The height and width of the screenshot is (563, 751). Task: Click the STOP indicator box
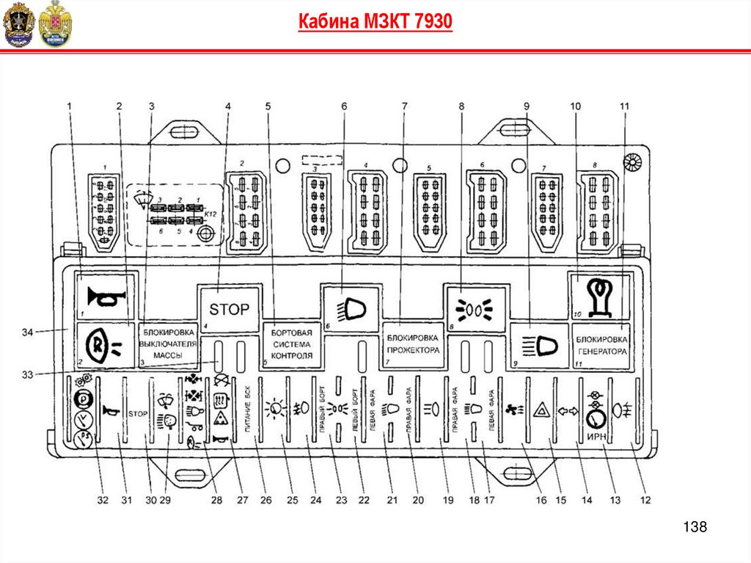(x=230, y=309)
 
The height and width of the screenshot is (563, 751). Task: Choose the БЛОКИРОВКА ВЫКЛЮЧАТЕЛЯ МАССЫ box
(x=170, y=343)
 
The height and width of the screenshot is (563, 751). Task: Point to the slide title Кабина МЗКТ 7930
(x=375, y=22)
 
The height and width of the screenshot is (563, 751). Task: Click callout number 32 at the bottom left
(x=102, y=501)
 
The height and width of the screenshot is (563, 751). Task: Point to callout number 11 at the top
(x=624, y=106)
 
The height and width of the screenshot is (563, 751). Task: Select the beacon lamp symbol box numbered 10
(x=600, y=294)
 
